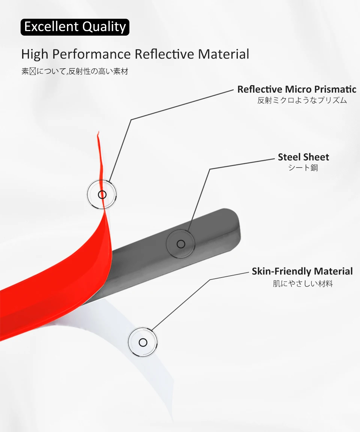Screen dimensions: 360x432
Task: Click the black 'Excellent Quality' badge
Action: tap(75, 27)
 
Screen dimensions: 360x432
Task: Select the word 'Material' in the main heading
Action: tap(223, 54)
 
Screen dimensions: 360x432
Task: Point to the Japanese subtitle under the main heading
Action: tap(75, 71)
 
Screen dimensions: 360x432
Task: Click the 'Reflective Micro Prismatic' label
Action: tap(297, 89)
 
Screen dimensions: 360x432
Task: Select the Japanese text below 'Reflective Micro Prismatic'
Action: tap(302, 100)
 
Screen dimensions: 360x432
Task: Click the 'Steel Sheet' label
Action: tap(303, 157)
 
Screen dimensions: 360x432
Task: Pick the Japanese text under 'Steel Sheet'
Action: tap(303, 168)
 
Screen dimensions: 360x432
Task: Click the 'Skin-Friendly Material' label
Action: tap(302, 271)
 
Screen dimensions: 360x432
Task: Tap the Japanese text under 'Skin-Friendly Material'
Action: tap(303, 283)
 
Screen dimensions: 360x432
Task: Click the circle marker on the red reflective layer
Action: tap(102, 195)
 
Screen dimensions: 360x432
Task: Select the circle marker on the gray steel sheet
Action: tap(181, 244)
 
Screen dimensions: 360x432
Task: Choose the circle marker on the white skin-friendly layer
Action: tap(143, 342)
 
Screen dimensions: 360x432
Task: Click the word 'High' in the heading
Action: tap(35, 54)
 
